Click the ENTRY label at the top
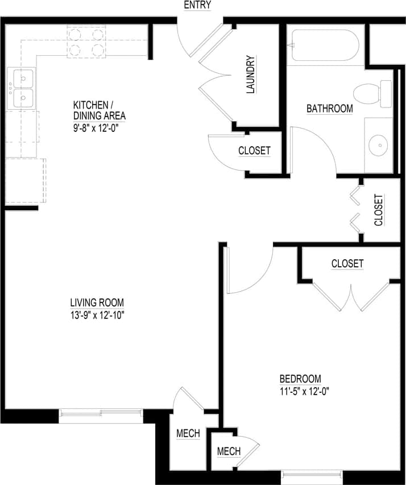(197, 5)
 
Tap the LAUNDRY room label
(251, 74)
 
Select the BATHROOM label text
(329, 108)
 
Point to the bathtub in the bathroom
(325, 45)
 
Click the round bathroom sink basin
(378, 146)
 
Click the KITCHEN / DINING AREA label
(99, 110)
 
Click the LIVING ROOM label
(97, 302)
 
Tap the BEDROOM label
(300, 379)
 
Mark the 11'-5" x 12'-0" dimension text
(305, 391)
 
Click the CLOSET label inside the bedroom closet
(347, 263)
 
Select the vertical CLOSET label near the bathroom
(379, 210)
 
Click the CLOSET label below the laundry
(254, 151)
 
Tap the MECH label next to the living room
(188, 433)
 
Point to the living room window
(101, 413)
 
